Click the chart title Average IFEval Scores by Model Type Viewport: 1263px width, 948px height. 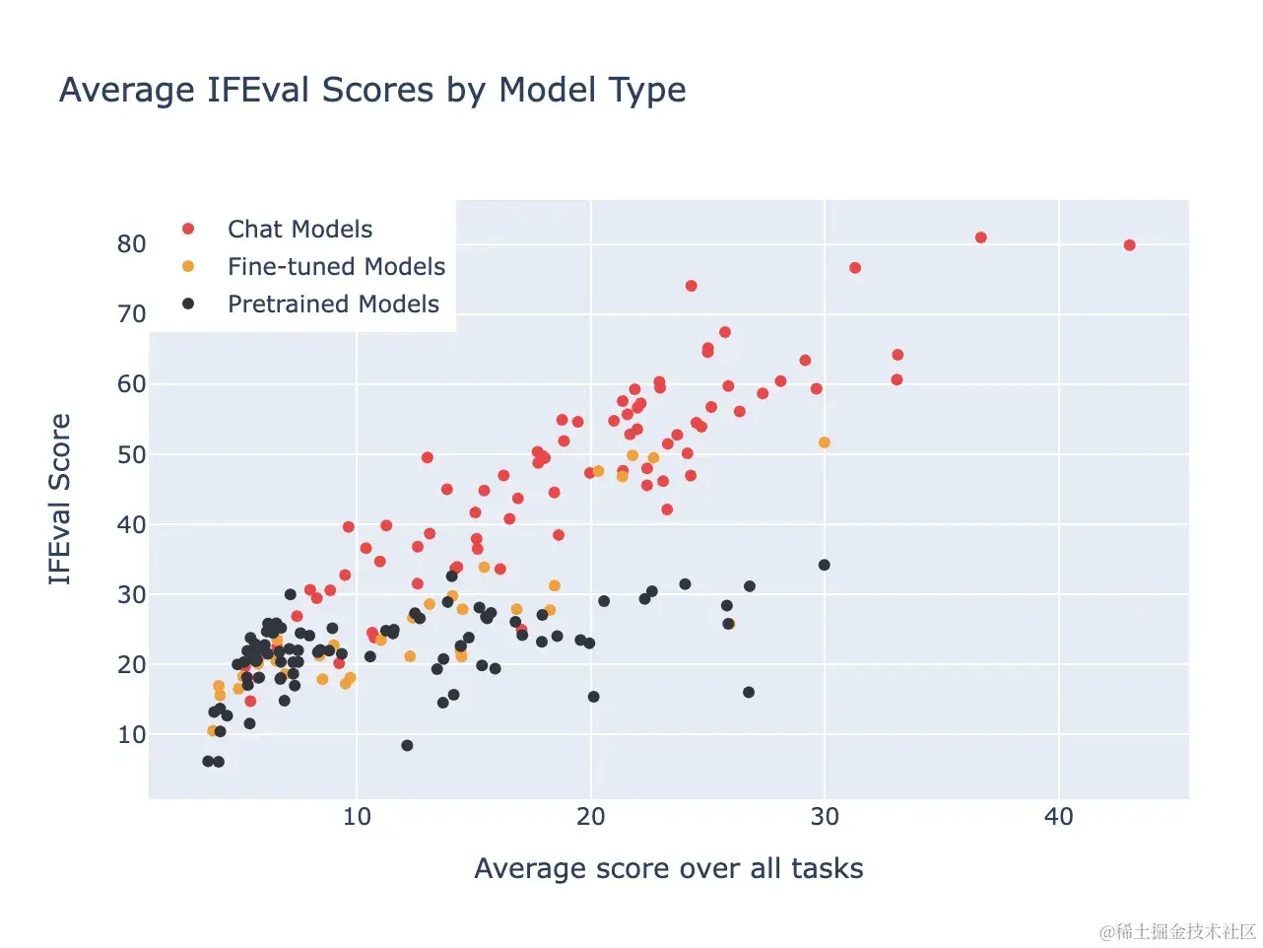click(x=372, y=90)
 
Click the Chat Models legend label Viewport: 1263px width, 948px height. click(x=299, y=230)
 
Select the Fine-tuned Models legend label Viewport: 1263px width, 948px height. click(x=336, y=267)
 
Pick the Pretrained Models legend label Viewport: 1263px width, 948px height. click(x=333, y=305)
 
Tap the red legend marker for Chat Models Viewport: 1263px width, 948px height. click(x=188, y=229)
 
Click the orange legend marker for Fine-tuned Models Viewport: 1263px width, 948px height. click(x=188, y=266)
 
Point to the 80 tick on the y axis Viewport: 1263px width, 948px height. click(x=132, y=244)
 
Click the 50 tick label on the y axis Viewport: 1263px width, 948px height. click(x=132, y=455)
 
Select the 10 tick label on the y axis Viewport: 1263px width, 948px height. click(x=132, y=735)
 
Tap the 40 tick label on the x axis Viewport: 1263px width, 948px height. click(x=1058, y=817)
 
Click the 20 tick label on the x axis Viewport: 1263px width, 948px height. click(x=591, y=817)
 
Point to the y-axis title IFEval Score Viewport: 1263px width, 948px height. click(x=60, y=499)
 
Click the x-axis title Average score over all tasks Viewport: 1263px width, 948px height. click(x=668, y=868)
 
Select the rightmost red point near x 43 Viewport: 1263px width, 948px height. click(x=1130, y=245)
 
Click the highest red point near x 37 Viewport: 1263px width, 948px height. click(x=981, y=237)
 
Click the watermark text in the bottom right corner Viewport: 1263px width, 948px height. click(x=1178, y=931)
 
